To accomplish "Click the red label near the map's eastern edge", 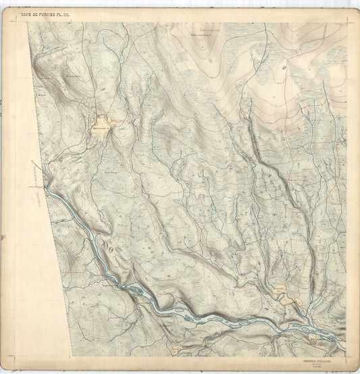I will tap(302, 178).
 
